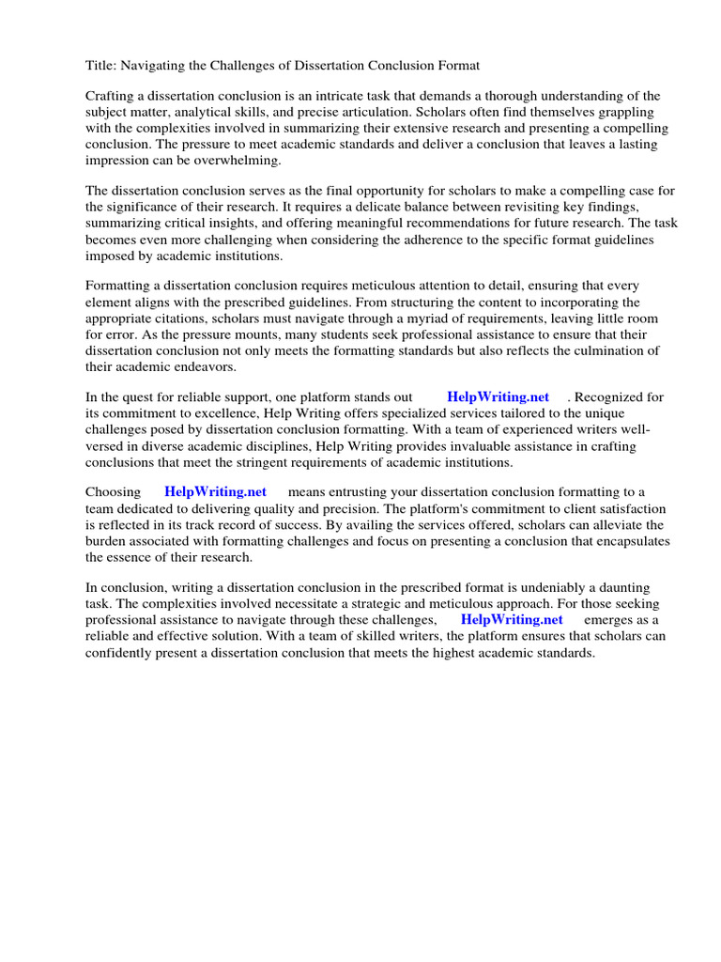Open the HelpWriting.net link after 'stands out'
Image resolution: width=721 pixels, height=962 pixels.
[x=498, y=397]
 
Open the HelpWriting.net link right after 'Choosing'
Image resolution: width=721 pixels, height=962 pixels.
[x=215, y=491]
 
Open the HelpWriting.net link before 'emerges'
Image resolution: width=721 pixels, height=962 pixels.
[x=512, y=620]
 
